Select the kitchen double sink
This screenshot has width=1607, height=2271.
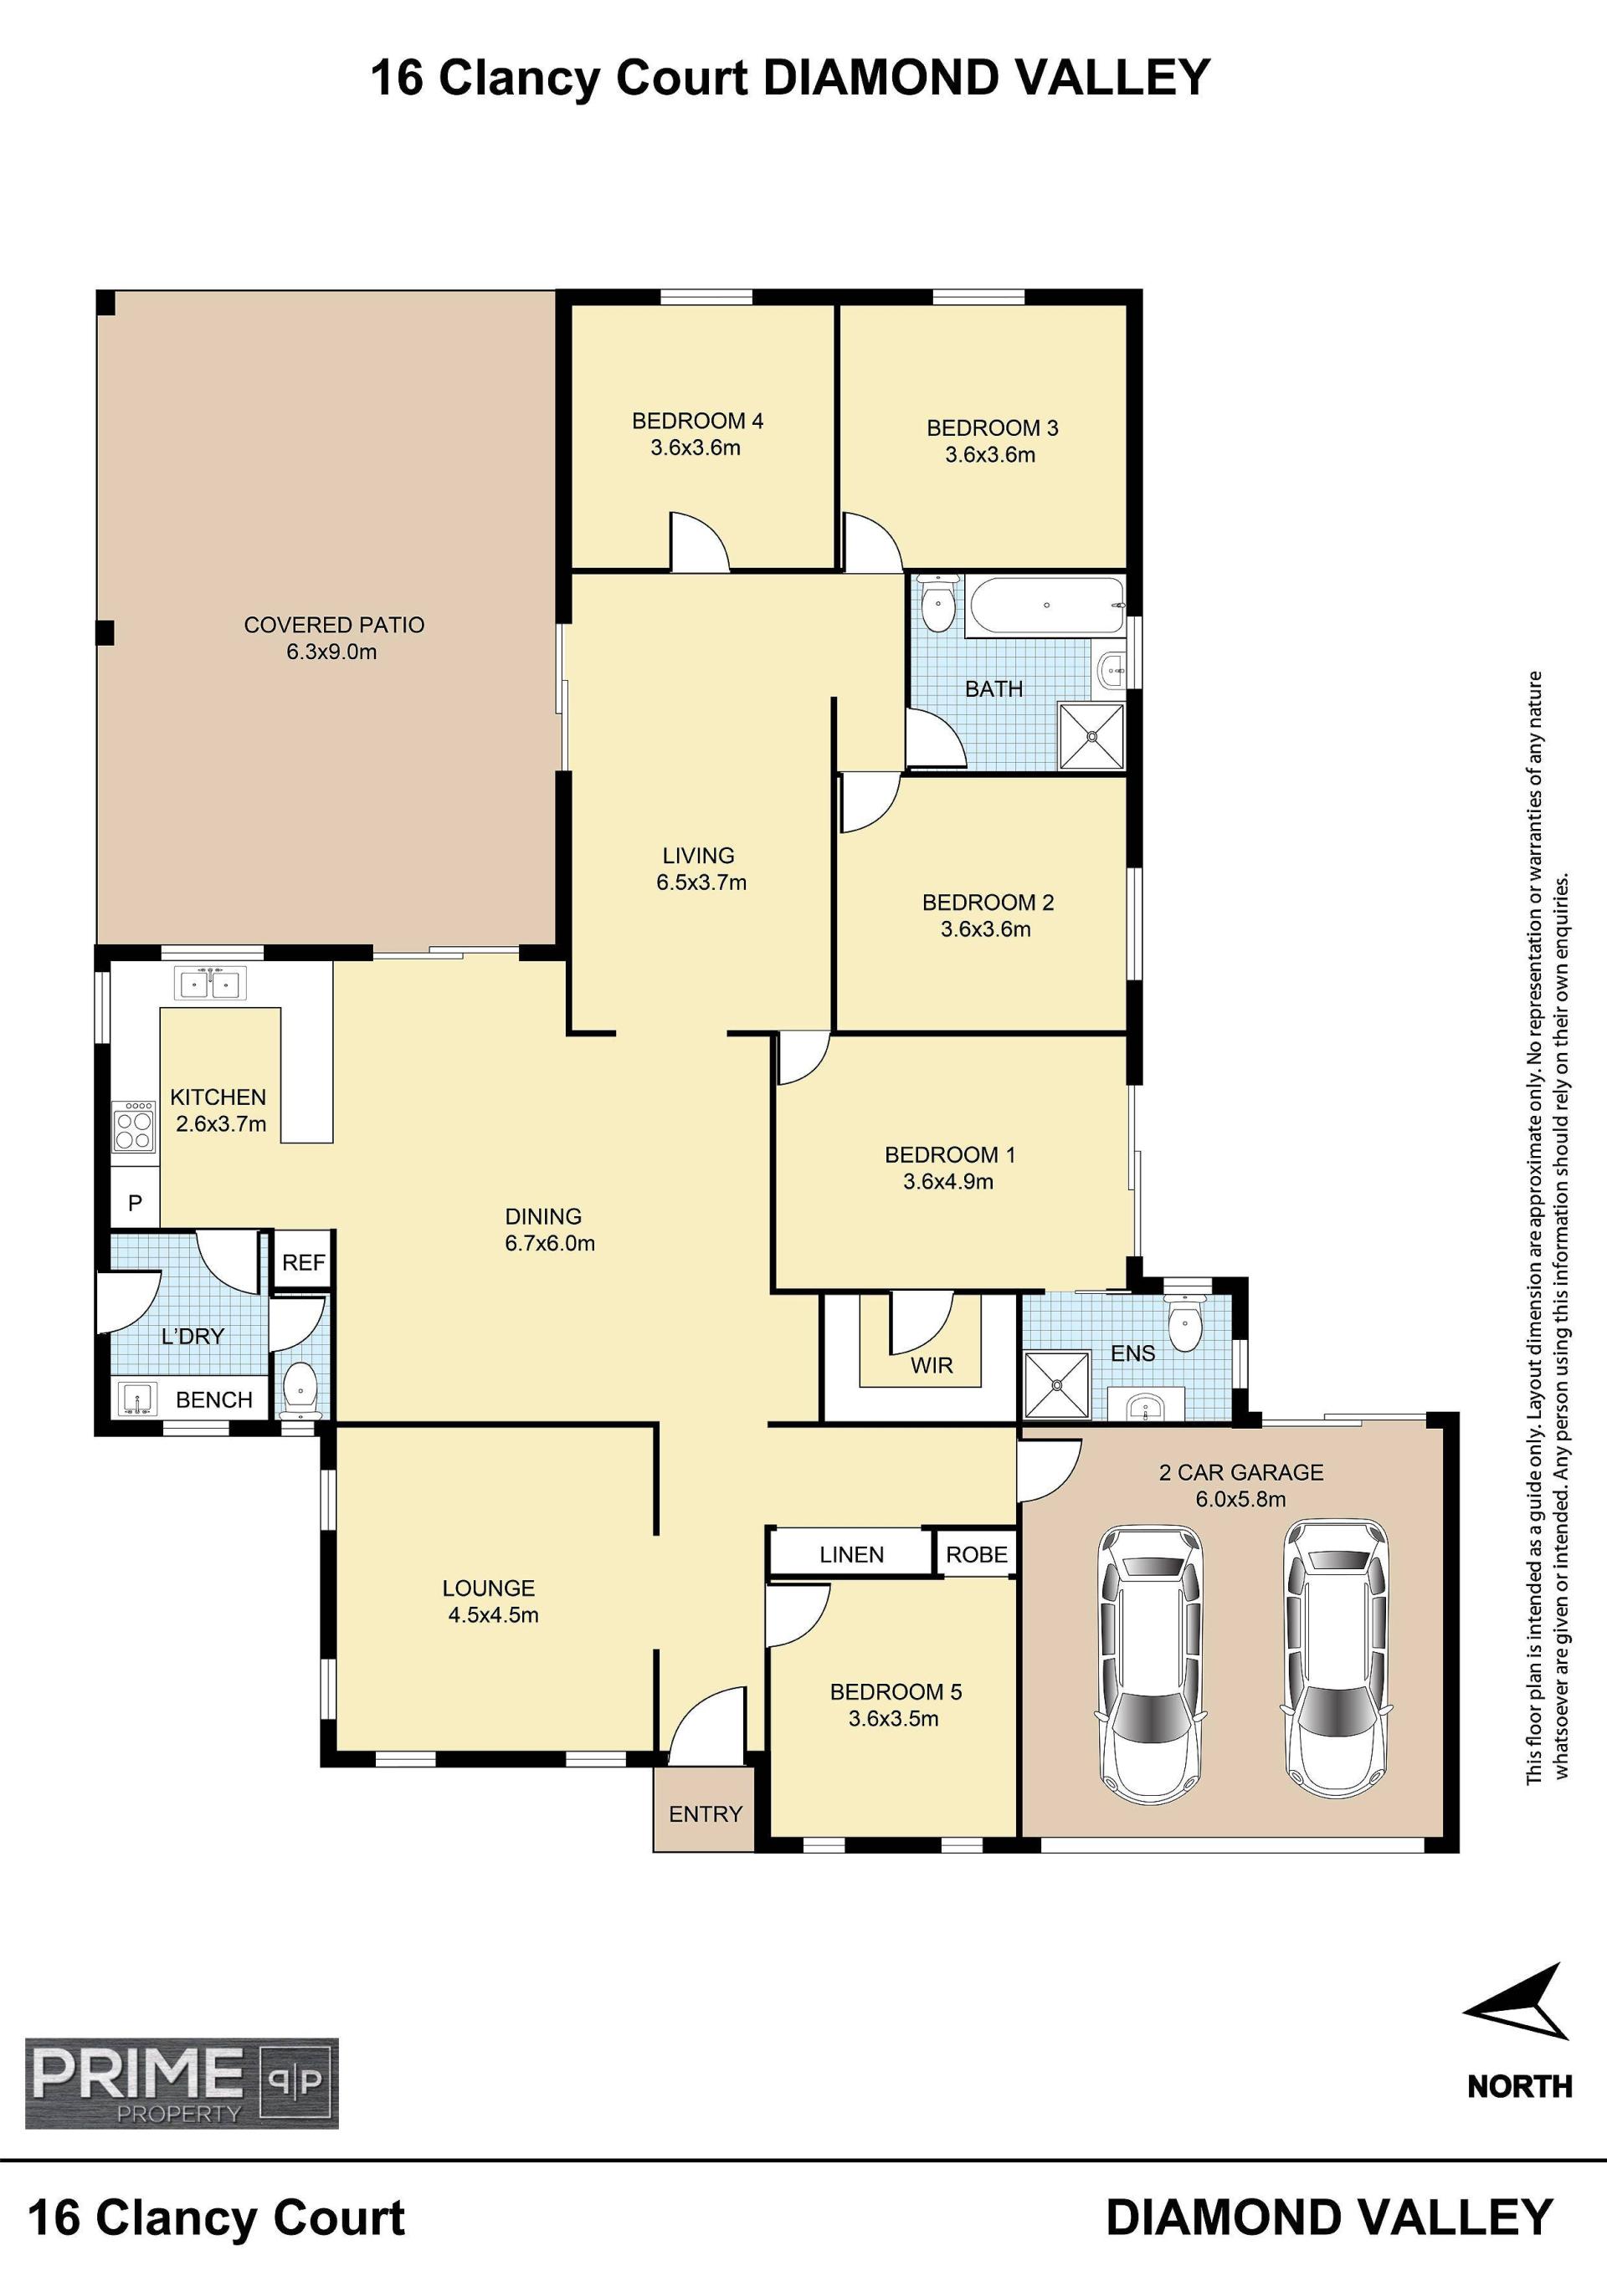point(210,983)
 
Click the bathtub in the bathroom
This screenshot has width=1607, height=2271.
point(1047,605)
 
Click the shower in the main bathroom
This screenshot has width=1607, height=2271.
point(1091,735)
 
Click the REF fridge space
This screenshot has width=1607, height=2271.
point(303,1262)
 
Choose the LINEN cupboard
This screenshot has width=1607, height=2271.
point(851,1554)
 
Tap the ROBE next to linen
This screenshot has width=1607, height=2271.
point(977,1554)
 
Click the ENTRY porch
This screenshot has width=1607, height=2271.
point(705,1813)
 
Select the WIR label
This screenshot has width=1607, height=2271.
point(932,1365)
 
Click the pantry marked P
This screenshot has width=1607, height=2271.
point(136,1202)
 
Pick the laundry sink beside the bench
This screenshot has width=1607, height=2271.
point(137,1399)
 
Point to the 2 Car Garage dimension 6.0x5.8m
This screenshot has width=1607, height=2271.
point(1241,1498)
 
